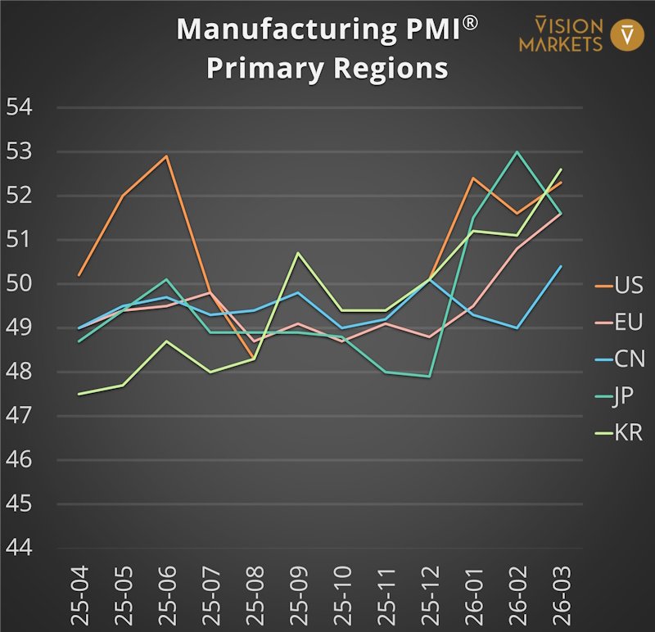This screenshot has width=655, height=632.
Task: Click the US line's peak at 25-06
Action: coord(167,156)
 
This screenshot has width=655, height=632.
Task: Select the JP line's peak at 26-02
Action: coord(517,151)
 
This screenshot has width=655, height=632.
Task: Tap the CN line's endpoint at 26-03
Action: coord(561,266)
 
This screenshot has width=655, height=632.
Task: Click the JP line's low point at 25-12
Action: coord(429,377)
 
